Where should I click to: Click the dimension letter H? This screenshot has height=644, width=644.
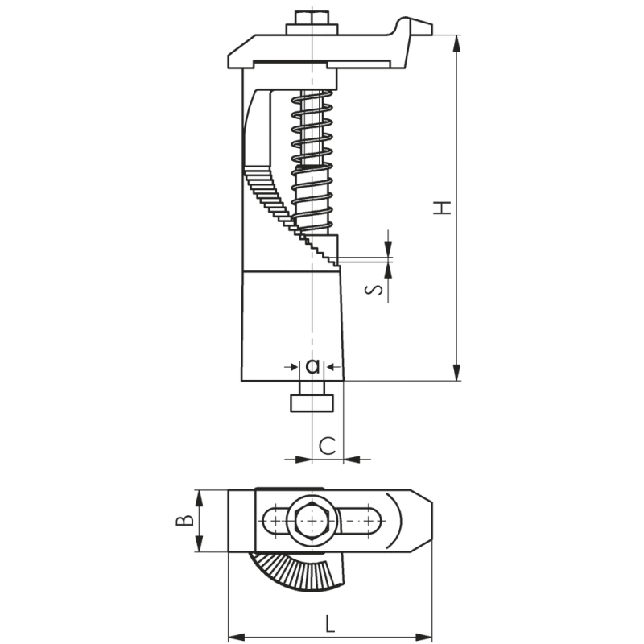coord(442,207)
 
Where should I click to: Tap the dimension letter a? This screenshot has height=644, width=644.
coord(312,366)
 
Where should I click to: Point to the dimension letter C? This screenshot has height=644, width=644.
coord(327,445)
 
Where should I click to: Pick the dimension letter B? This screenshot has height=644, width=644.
coord(184,520)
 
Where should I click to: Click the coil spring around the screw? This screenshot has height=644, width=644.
coord(312,161)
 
